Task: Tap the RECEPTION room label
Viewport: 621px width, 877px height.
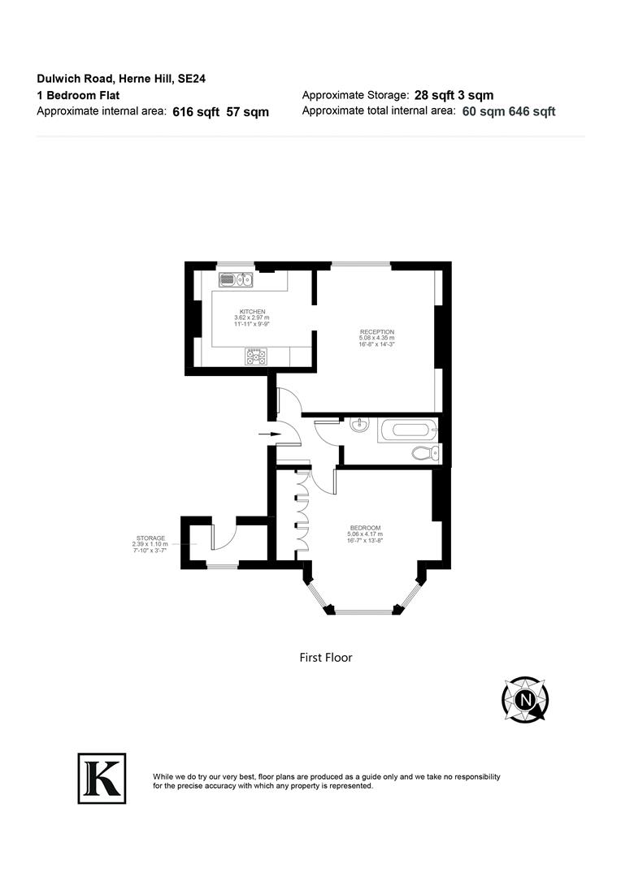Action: click(377, 331)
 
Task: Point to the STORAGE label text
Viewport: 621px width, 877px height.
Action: click(150, 538)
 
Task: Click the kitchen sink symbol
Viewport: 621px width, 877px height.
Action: click(237, 281)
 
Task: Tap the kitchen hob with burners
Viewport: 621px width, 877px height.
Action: click(256, 356)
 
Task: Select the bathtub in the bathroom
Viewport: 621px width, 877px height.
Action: click(408, 429)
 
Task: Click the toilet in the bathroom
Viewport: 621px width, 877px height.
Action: click(425, 452)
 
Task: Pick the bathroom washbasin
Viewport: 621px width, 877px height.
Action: click(360, 425)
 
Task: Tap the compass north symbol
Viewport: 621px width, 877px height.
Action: click(525, 698)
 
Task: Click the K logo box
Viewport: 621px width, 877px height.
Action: click(102, 778)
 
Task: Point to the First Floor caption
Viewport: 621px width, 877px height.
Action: click(326, 658)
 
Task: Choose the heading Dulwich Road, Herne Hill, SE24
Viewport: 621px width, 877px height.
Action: click(103, 79)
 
